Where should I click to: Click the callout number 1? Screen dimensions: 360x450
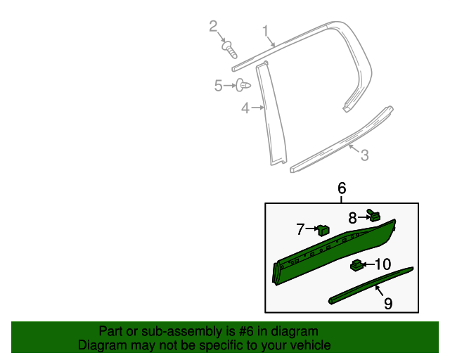[x=266, y=31]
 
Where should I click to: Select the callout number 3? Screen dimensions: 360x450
[x=364, y=155]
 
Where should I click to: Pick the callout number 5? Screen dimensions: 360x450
[x=219, y=86]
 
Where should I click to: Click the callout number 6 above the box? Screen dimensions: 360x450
[x=342, y=188]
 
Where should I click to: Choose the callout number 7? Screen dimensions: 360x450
[x=300, y=229]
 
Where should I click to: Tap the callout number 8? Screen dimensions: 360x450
[x=352, y=217]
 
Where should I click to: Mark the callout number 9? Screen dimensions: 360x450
[x=387, y=303]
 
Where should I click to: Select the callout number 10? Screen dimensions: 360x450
[x=382, y=264]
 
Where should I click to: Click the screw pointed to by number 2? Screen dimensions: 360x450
[x=229, y=49]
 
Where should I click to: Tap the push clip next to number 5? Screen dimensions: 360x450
[x=243, y=85]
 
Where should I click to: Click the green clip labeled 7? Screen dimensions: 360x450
[x=323, y=229]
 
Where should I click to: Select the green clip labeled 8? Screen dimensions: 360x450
[x=375, y=216]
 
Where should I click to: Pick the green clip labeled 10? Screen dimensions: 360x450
[x=356, y=265]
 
